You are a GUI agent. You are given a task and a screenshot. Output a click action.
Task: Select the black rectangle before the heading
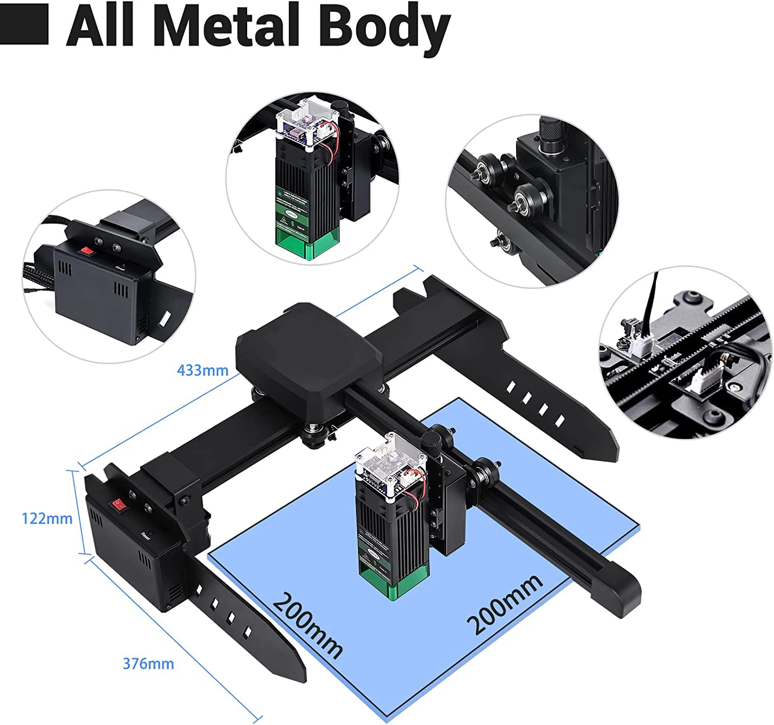coord(24,24)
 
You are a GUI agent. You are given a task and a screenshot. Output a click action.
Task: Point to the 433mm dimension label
coord(202,370)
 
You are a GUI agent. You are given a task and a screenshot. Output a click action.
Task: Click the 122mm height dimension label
coord(47,518)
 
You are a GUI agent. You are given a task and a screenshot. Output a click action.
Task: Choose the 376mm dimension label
coord(148,664)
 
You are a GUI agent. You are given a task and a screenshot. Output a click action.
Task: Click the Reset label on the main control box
coord(145,536)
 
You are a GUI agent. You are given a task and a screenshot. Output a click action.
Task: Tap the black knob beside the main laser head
coord(431,444)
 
